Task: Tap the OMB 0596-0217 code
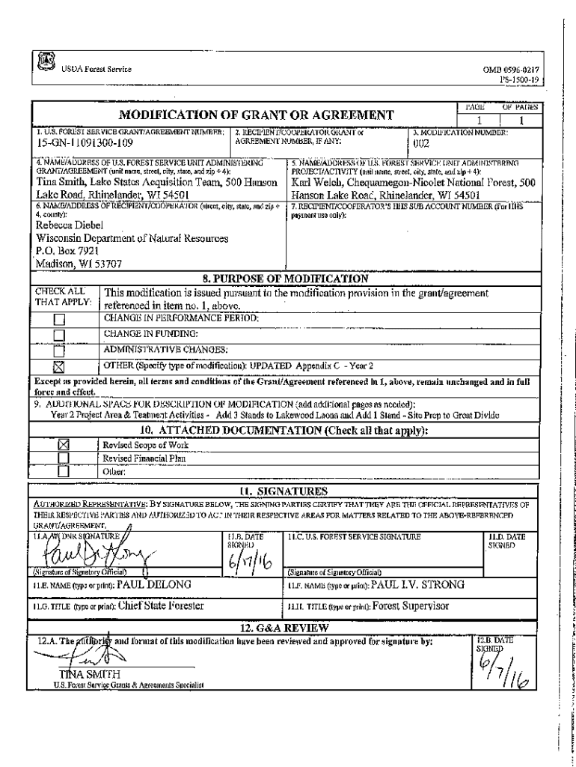pos(512,70)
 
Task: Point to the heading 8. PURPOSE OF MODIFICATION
pos(287,279)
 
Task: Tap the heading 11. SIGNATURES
pos(287,491)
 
